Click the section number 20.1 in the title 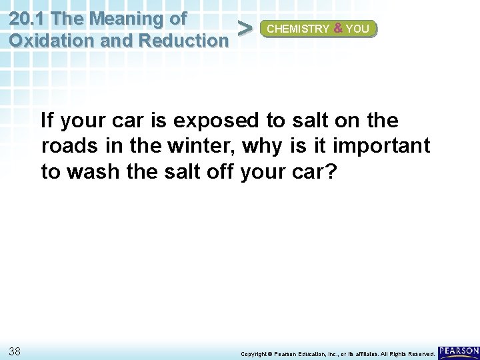click(x=29, y=17)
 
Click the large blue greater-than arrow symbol click(x=245, y=29)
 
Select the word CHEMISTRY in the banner click(x=298, y=29)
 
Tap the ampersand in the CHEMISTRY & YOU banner click(x=338, y=29)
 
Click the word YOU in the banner click(x=359, y=29)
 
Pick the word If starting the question click(x=46, y=121)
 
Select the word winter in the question click(x=204, y=145)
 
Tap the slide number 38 click(x=16, y=351)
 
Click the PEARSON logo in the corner click(x=459, y=351)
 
